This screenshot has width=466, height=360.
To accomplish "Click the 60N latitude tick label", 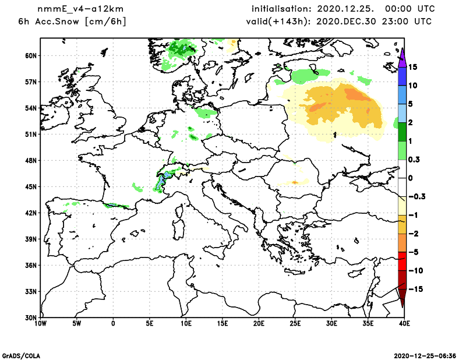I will point(31,56).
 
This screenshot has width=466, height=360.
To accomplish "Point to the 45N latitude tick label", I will point(31,187).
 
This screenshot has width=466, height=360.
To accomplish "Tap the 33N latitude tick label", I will point(31,291).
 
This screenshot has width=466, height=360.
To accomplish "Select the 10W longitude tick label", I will point(40,323).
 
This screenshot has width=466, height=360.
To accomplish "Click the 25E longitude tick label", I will point(295,323).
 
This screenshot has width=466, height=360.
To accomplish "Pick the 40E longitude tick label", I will point(403,323).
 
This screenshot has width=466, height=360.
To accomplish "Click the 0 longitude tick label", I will point(113,323).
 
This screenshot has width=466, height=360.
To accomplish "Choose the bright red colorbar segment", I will point(402,262).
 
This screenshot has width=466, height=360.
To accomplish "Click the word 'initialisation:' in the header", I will point(281,9).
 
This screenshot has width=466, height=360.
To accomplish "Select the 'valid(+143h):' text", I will point(272,22).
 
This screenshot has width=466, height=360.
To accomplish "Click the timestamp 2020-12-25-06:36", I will point(425,355).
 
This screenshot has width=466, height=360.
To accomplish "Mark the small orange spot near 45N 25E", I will point(295,182).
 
